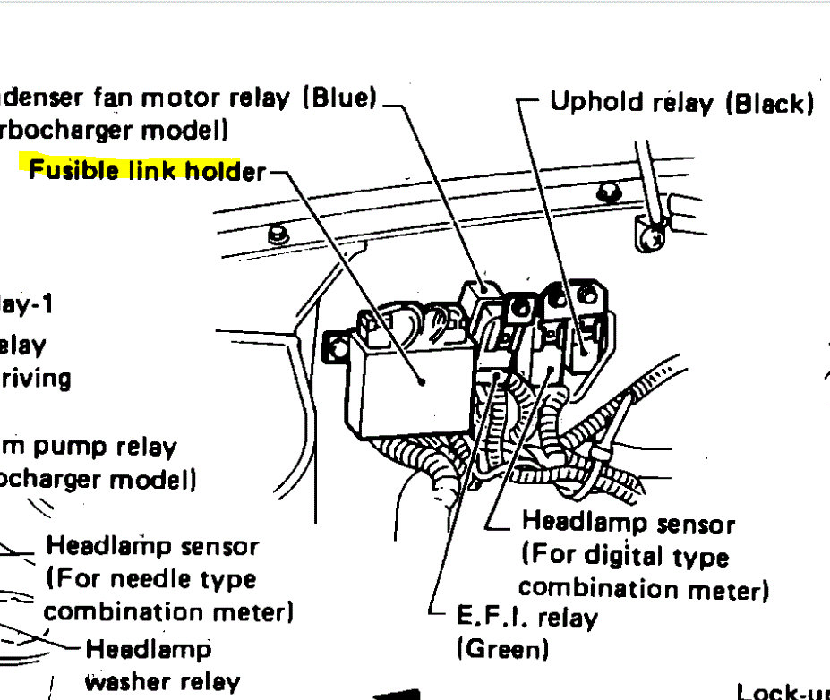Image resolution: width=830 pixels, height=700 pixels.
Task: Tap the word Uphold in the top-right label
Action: click(596, 102)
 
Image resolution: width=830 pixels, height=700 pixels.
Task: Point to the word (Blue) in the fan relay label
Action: click(339, 98)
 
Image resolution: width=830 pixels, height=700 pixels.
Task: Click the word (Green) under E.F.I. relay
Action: click(502, 648)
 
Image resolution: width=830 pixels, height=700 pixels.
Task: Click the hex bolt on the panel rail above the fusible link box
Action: click(277, 235)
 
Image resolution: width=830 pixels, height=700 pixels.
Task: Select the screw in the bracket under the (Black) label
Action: click(656, 238)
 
